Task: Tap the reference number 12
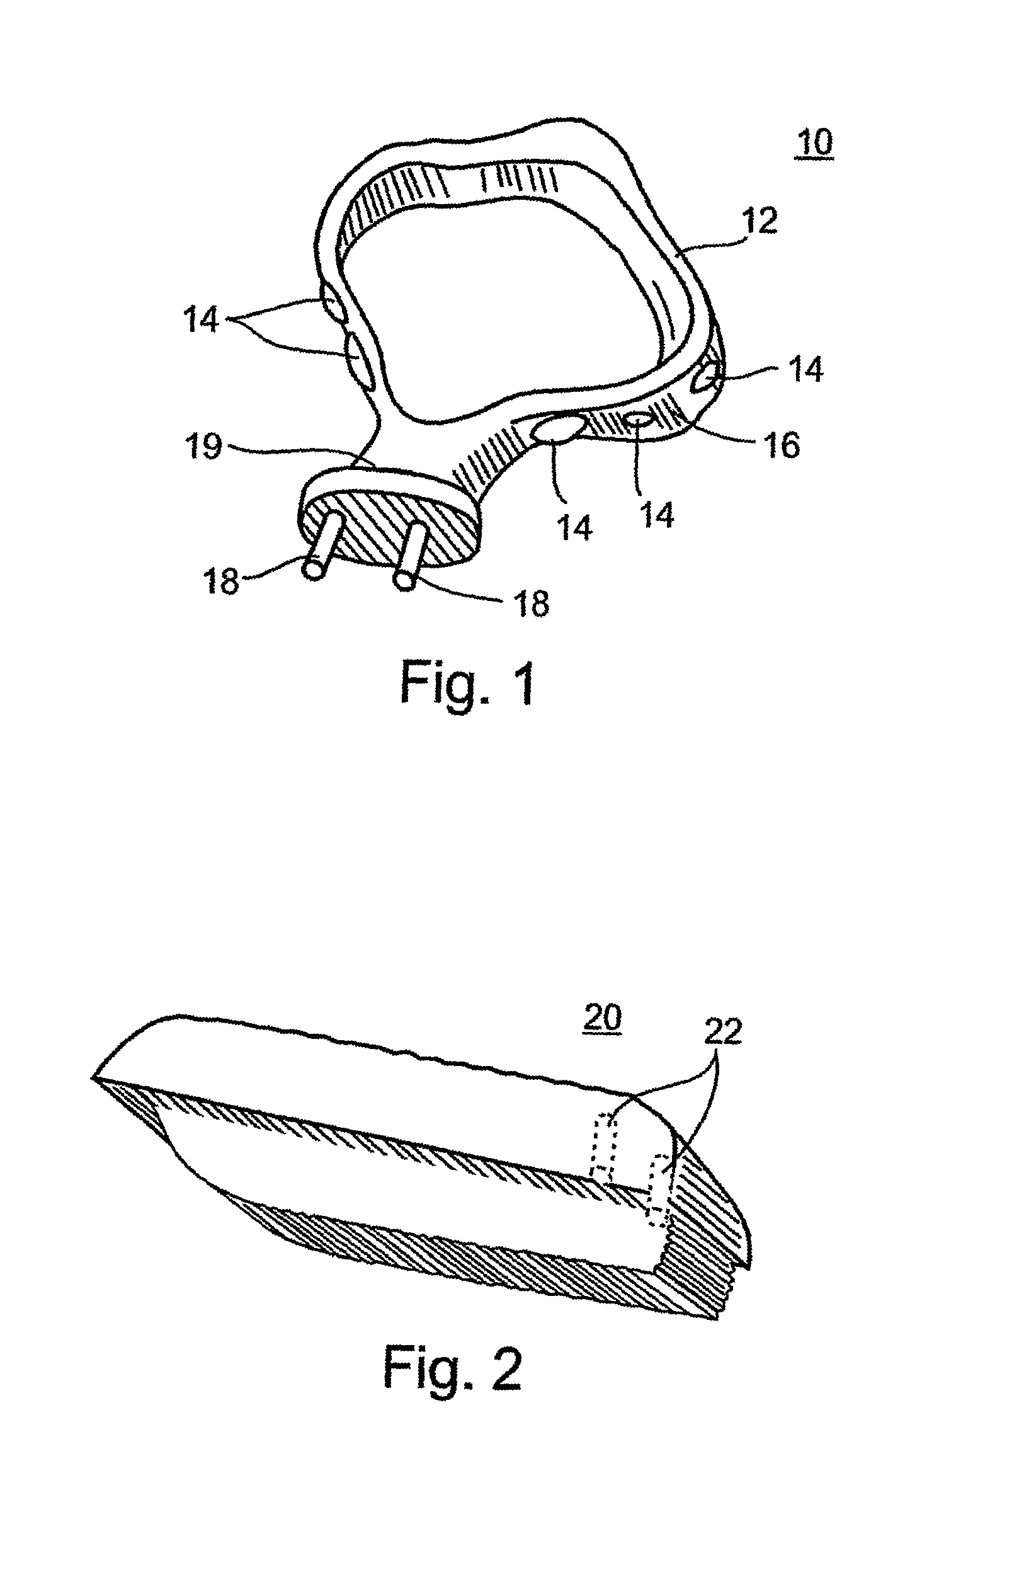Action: click(760, 221)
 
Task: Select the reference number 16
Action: click(782, 445)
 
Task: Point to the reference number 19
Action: click(203, 447)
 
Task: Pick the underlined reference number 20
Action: click(602, 1018)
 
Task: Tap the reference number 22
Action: click(723, 1031)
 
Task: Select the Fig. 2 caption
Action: click(452, 1368)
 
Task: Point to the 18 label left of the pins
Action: click(220, 581)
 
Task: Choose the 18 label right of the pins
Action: click(531, 603)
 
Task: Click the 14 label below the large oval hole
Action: click(574, 528)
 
